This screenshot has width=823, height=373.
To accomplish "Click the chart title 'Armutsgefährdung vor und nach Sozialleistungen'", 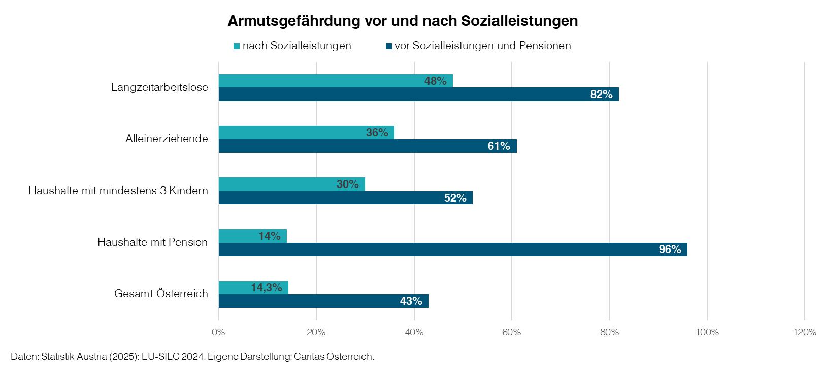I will coord(403,21).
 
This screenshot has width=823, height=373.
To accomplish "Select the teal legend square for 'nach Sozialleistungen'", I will coord(236,46).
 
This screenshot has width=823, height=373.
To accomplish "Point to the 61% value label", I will coord(499,146).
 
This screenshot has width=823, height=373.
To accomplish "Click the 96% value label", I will coord(670,250).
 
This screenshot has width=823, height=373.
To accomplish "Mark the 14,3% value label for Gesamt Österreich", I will coord(266,288).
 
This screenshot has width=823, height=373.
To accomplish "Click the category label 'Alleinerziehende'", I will coord(167,139).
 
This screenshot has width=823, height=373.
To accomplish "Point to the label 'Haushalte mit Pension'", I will coord(152,242).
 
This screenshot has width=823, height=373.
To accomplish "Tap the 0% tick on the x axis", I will coord(218,333).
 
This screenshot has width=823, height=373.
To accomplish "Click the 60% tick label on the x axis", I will coord(512,333).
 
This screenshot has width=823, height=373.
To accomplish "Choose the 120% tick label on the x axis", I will coord(804,333).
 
